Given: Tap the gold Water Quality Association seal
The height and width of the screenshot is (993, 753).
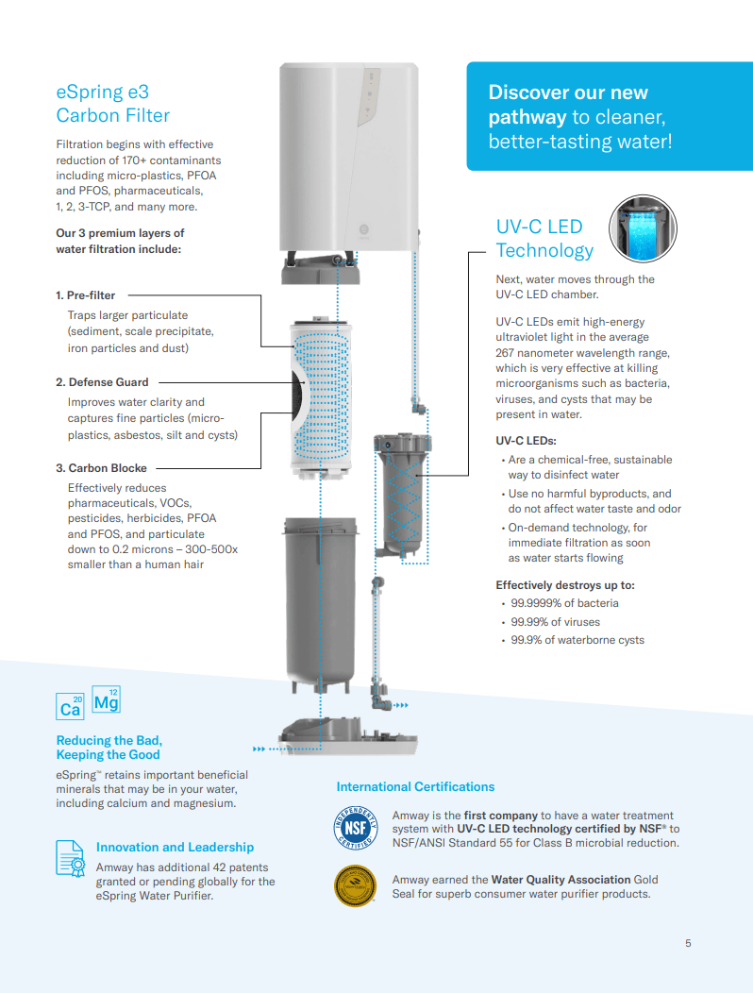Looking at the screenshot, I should tap(356, 885).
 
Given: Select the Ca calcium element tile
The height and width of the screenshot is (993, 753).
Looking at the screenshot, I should tap(71, 705).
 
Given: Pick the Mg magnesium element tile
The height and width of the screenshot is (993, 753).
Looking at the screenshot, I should tap(106, 699).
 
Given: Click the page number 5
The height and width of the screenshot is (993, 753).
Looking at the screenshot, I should tap(688, 943).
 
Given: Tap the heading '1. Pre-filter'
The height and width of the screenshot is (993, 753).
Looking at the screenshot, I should tap(85, 295).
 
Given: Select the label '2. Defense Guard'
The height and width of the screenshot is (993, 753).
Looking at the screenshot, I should tap(102, 382).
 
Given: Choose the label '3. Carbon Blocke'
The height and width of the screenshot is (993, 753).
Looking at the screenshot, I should tap(102, 467).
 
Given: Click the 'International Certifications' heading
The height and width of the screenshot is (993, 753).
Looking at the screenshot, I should tap(415, 786).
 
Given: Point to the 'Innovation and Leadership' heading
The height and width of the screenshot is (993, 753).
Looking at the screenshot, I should tap(175, 847).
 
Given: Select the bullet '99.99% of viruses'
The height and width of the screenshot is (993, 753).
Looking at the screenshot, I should tap(555, 622).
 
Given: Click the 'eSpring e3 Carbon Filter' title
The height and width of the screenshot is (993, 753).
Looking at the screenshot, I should tap(112, 104).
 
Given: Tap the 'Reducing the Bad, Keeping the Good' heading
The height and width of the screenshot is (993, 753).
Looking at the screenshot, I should tap(109, 748).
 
